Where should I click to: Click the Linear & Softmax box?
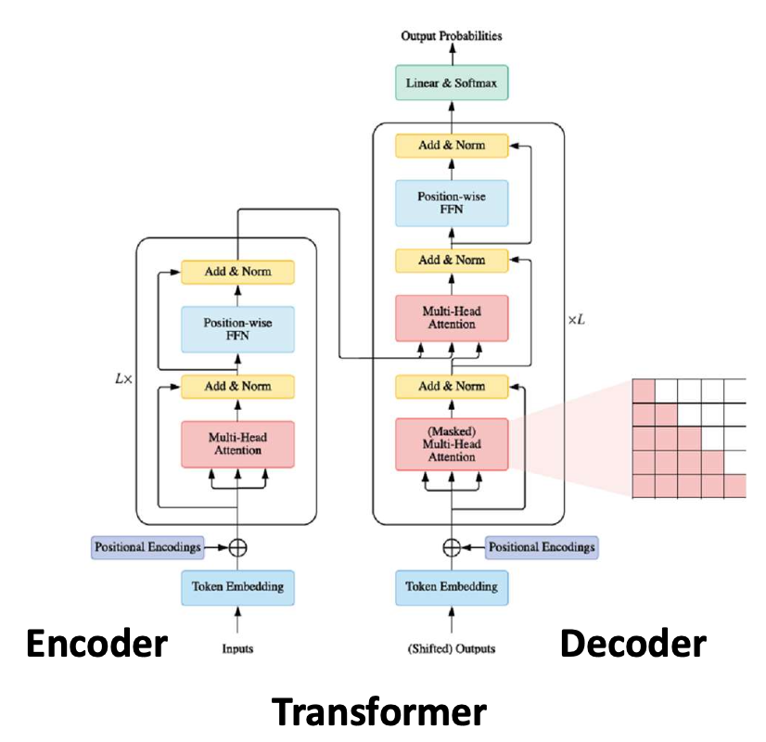[x=452, y=84]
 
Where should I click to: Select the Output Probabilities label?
[x=452, y=36]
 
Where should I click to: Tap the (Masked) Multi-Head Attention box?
[x=452, y=443]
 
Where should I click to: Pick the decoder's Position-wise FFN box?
[x=452, y=203]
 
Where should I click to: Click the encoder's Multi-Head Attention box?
[x=237, y=444]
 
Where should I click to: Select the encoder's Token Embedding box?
[x=237, y=586]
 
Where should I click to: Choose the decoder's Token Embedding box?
[x=452, y=586]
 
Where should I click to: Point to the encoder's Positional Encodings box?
[x=148, y=547]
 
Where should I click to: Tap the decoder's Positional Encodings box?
[x=542, y=547]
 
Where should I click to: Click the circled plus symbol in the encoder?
[x=238, y=547]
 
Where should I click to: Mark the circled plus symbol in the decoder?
[x=452, y=547]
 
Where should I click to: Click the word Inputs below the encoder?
[x=237, y=648]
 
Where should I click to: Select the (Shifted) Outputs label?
[x=452, y=648]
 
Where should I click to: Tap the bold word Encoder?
[x=96, y=644]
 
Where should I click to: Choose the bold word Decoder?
[x=632, y=644]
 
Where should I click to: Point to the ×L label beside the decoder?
[x=577, y=320]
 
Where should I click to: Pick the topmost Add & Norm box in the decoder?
[x=452, y=146]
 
